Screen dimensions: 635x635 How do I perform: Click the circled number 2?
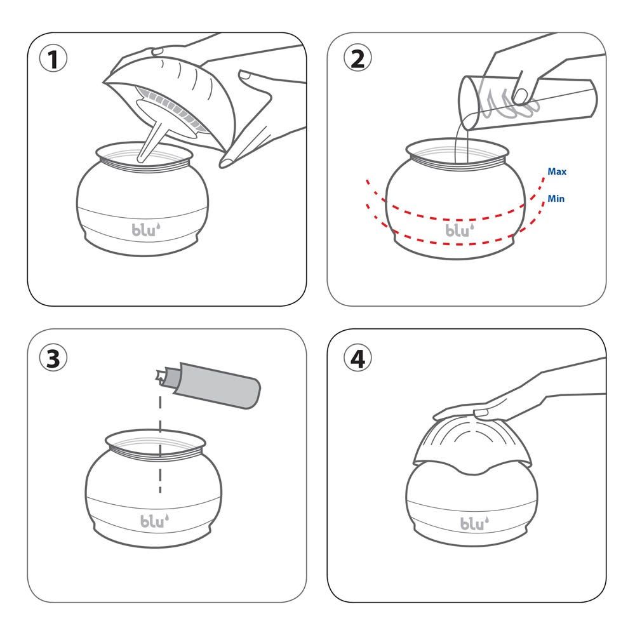point(358,58)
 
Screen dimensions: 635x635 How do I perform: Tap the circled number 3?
point(53,358)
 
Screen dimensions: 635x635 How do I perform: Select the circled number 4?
point(358,358)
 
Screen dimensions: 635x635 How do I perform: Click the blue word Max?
point(557,171)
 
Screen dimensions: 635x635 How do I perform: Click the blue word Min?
point(556,198)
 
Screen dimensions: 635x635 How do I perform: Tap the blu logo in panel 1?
point(146,230)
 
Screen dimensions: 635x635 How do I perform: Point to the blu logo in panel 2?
point(460,230)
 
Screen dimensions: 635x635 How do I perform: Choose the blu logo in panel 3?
point(155,521)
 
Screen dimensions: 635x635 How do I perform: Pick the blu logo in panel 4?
point(474,523)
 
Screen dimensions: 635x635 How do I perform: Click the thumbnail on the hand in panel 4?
point(481,413)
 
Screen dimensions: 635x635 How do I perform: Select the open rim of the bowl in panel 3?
point(155,442)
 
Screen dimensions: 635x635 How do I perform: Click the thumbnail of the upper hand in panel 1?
point(157,51)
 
